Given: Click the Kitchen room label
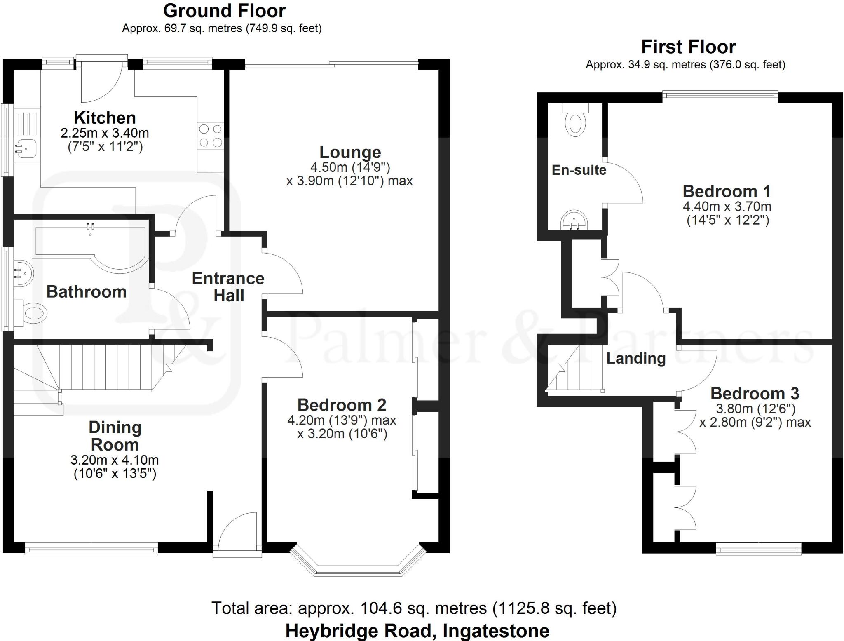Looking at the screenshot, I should click(105, 118).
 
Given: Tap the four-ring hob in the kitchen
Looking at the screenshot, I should click(211, 136).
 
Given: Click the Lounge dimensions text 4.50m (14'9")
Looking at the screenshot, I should click(350, 167).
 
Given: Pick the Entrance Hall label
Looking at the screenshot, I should click(228, 287).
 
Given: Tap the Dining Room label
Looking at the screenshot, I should click(115, 436).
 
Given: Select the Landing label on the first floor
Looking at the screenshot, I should click(636, 358).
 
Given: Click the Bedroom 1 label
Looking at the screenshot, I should click(727, 191).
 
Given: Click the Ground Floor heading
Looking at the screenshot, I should click(224, 11).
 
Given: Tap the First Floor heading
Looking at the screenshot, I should click(688, 47).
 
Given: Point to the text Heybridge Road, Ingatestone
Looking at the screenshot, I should click(417, 631).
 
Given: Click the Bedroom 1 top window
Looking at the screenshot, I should click(720, 97).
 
